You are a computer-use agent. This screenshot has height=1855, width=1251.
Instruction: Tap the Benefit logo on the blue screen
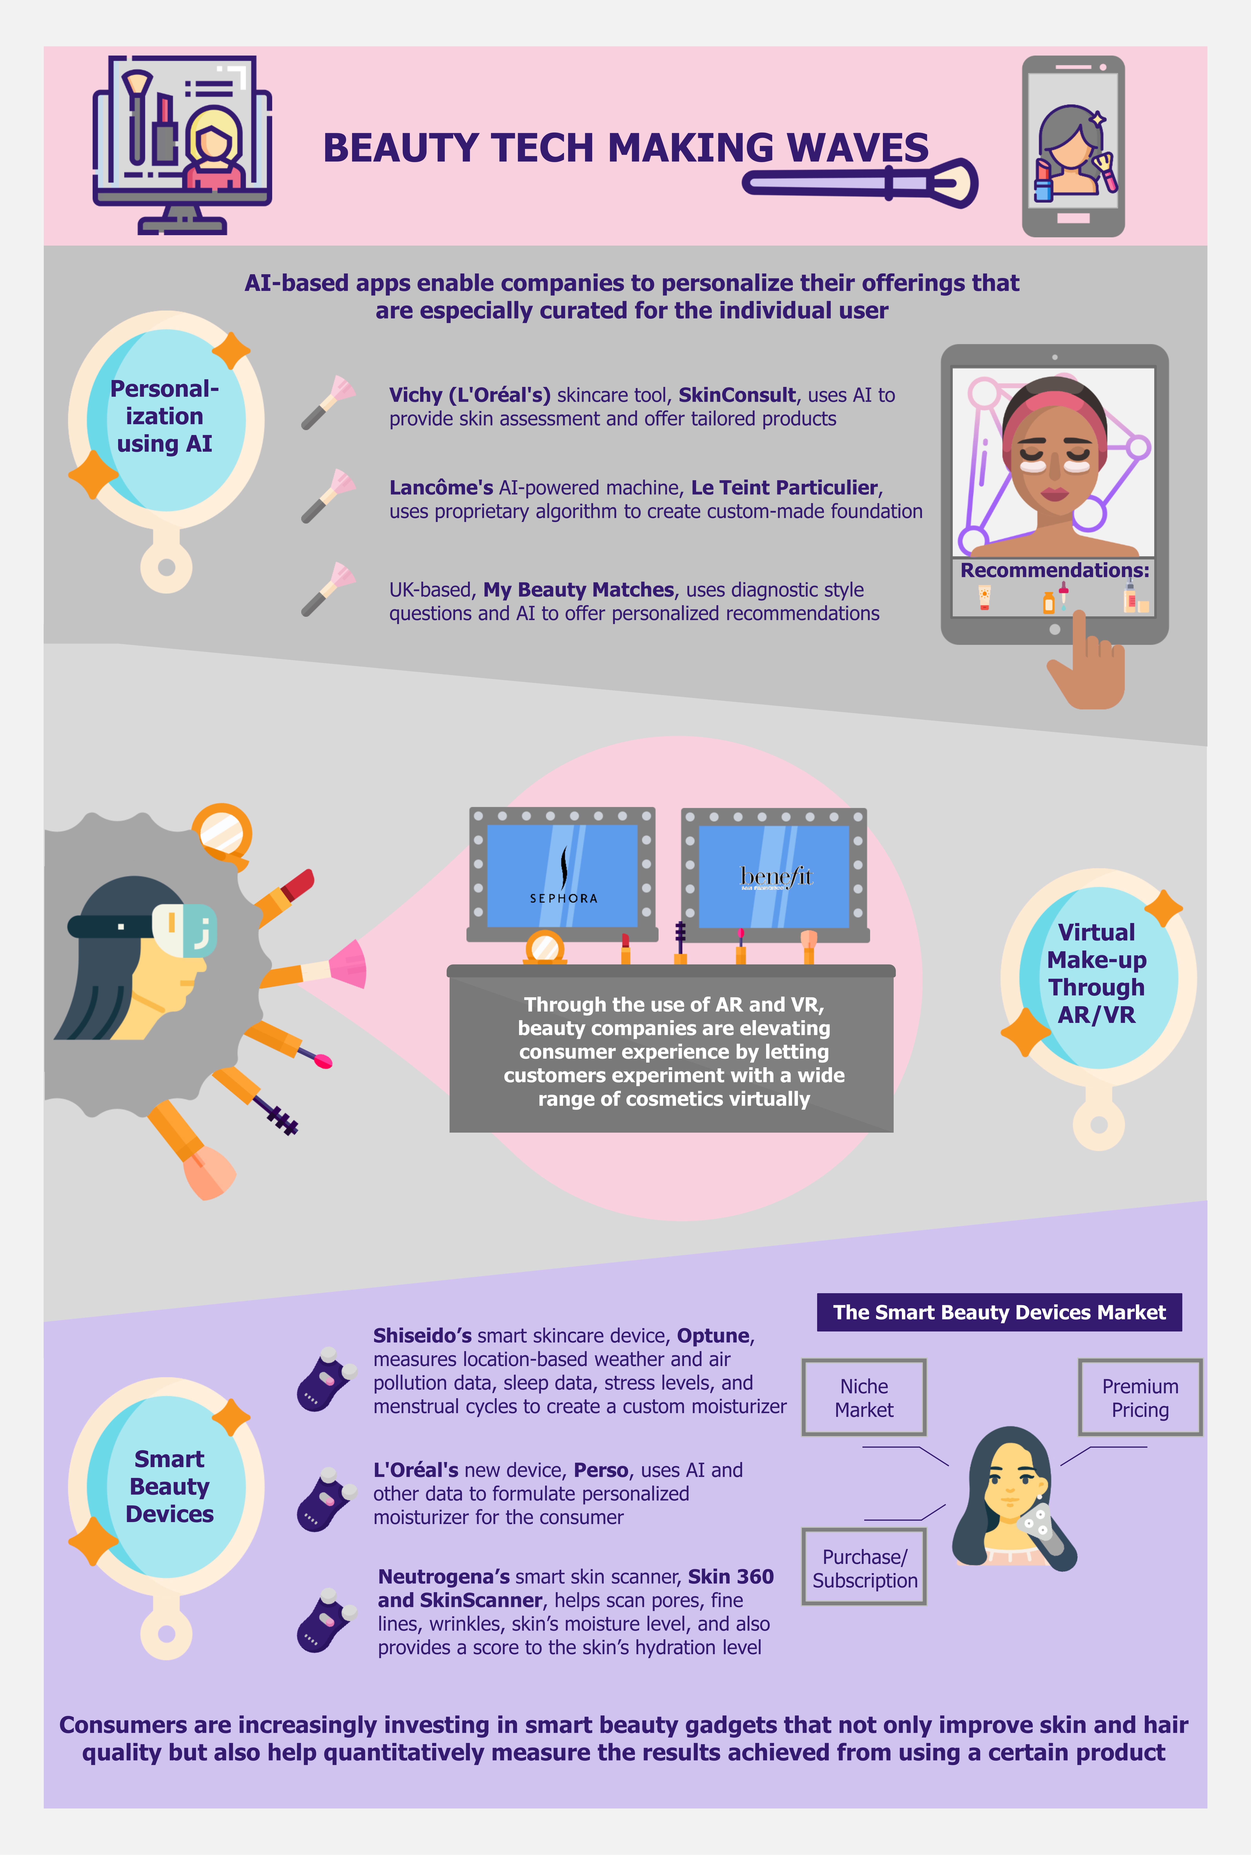tap(776, 877)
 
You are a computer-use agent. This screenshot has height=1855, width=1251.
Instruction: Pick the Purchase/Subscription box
tap(864, 1568)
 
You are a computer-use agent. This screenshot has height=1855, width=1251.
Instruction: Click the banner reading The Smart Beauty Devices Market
tap(999, 1312)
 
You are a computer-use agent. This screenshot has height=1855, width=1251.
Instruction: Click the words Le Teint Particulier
tap(784, 487)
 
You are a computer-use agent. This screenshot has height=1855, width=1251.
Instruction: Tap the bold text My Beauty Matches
tap(579, 590)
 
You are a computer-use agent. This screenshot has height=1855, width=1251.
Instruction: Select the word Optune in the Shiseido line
tap(713, 1336)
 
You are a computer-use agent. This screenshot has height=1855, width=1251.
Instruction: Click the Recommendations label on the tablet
tap(1055, 570)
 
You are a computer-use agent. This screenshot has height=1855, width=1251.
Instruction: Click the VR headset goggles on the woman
tap(184, 929)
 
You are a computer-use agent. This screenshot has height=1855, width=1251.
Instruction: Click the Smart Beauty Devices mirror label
tap(169, 1486)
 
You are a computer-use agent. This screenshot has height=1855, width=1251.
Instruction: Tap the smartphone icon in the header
tap(1073, 146)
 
